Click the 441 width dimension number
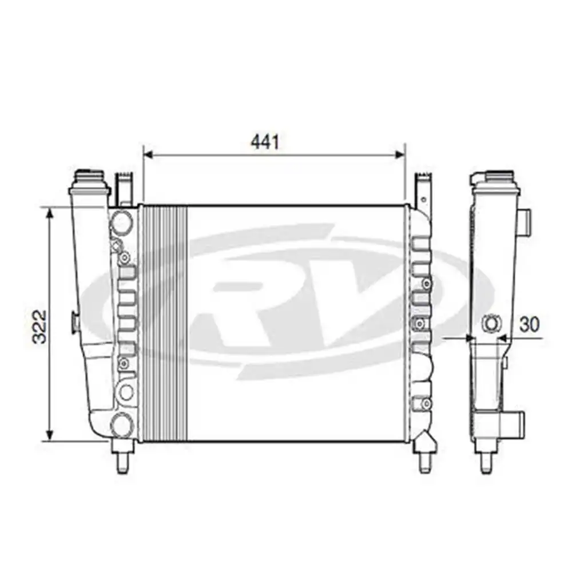(265, 141)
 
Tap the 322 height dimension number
(39, 327)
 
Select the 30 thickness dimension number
(530, 324)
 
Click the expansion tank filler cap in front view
(89, 174)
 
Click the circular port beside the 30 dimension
(491, 324)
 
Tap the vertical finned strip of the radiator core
(165, 323)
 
